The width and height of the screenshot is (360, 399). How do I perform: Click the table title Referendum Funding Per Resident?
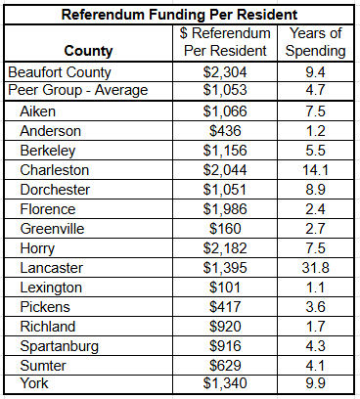pos(179,15)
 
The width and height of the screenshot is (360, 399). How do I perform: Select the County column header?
pos(88,51)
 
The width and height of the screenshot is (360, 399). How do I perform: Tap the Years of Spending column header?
pos(315,42)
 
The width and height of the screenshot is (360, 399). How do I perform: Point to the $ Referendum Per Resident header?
pos(225,42)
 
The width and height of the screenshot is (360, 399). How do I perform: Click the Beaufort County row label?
pos(60,72)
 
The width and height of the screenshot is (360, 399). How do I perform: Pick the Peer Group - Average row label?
pos(78,90)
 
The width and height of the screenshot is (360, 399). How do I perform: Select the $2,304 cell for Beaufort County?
pos(225,72)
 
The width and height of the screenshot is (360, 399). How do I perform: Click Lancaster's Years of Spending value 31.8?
pos(315,268)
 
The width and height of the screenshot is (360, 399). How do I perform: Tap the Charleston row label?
pos(55,170)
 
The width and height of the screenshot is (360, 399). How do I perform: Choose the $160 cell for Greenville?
pos(225,229)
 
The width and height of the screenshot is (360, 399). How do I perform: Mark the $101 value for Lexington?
pos(225,288)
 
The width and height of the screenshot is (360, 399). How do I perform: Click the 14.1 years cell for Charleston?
pos(315,170)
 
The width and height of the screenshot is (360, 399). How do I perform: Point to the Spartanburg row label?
pos(60,346)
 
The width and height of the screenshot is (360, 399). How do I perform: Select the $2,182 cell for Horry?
pos(225,248)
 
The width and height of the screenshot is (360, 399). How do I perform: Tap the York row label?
pos(34,383)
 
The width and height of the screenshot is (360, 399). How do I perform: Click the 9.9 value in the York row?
pos(315,383)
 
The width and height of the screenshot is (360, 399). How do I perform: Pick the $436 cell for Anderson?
pos(225,131)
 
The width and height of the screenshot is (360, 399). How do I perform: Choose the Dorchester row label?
pos(55,190)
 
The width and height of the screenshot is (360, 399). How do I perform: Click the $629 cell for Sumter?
pos(225,366)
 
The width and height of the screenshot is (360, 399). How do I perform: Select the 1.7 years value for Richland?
pos(315,327)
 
